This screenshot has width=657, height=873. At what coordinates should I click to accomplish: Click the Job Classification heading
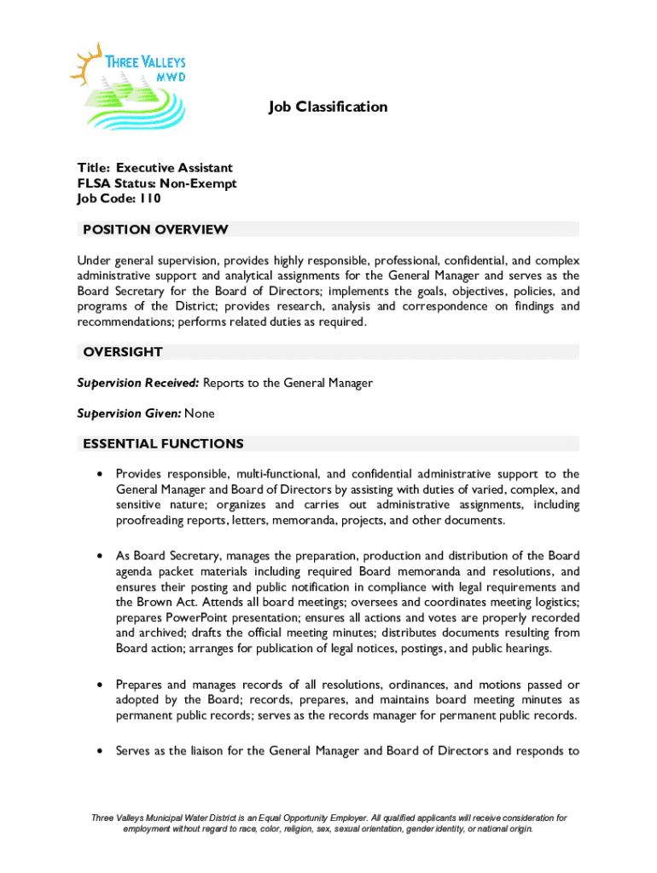point(328,107)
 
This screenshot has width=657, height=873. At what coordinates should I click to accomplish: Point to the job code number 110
point(151,199)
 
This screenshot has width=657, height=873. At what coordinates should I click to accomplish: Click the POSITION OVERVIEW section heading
point(154,229)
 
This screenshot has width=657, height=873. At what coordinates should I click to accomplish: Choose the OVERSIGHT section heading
point(123,352)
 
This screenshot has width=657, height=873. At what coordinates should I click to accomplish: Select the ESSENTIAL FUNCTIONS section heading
point(163,444)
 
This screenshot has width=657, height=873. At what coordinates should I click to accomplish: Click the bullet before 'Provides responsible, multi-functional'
point(102,474)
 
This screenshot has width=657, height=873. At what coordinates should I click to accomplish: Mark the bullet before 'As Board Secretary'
point(102,556)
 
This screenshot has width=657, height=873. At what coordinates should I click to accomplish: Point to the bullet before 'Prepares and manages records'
point(102,685)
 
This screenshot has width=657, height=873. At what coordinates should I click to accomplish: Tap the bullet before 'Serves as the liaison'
point(102,751)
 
